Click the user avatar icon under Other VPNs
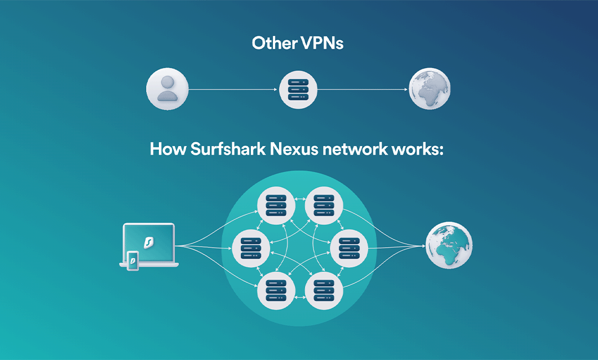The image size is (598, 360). pyautogui.click(x=167, y=89)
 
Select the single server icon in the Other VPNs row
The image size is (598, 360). pyautogui.click(x=297, y=89)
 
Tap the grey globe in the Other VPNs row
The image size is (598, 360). pyautogui.click(x=429, y=89)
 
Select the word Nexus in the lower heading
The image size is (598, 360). pyautogui.click(x=295, y=150)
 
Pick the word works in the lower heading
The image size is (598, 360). pyautogui.click(x=417, y=150)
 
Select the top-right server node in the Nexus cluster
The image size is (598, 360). pyautogui.click(x=323, y=204)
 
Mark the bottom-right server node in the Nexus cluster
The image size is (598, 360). pyautogui.click(x=323, y=290)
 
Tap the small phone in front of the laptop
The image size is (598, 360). pyautogui.click(x=132, y=260)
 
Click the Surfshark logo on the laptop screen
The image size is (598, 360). pyautogui.click(x=148, y=242)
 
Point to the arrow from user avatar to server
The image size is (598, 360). pyautogui.click(x=233, y=89)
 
